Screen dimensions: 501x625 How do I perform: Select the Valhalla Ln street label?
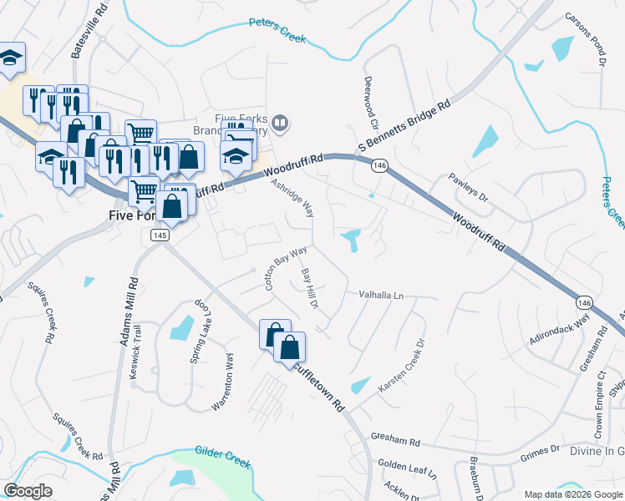click(x=381, y=296)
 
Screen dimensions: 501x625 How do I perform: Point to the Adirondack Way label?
click(x=559, y=330)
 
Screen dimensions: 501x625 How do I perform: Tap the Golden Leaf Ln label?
click(x=407, y=468)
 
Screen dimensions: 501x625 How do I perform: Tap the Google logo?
click(x=28, y=491)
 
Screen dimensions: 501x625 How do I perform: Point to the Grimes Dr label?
click(x=539, y=450)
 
